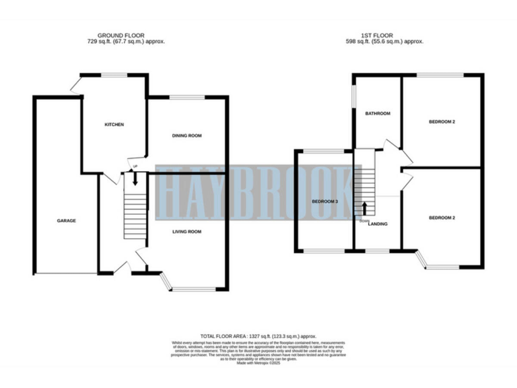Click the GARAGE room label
click(66, 221)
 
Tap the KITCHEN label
click(113, 125)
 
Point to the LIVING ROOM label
click(187, 231)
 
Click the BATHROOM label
click(378, 113)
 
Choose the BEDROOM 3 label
click(324, 201)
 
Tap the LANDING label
click(378, 224)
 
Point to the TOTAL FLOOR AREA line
click(258, 335)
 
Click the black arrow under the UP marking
click(135, 179)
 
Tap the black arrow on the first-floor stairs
click(365, 208)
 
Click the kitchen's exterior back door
click(75, 84)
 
